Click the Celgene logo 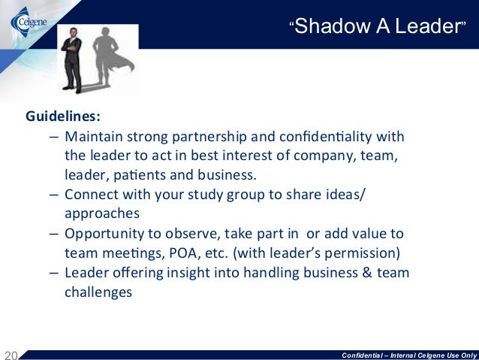pyautogui.click(x=28, y=21)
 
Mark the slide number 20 pyautogui.click(x=11, y=354)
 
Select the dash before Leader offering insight pyautogui.click(x=55, y=274)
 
